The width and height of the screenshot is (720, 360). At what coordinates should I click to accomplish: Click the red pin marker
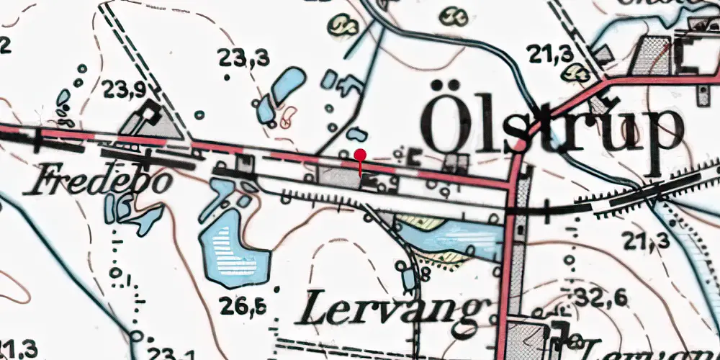point(360,155)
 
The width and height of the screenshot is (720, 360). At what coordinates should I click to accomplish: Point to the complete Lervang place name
point(390,310)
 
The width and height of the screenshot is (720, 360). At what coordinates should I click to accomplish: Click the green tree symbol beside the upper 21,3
point(576,71)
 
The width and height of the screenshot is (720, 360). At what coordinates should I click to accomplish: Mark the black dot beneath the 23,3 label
point(228,76)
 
